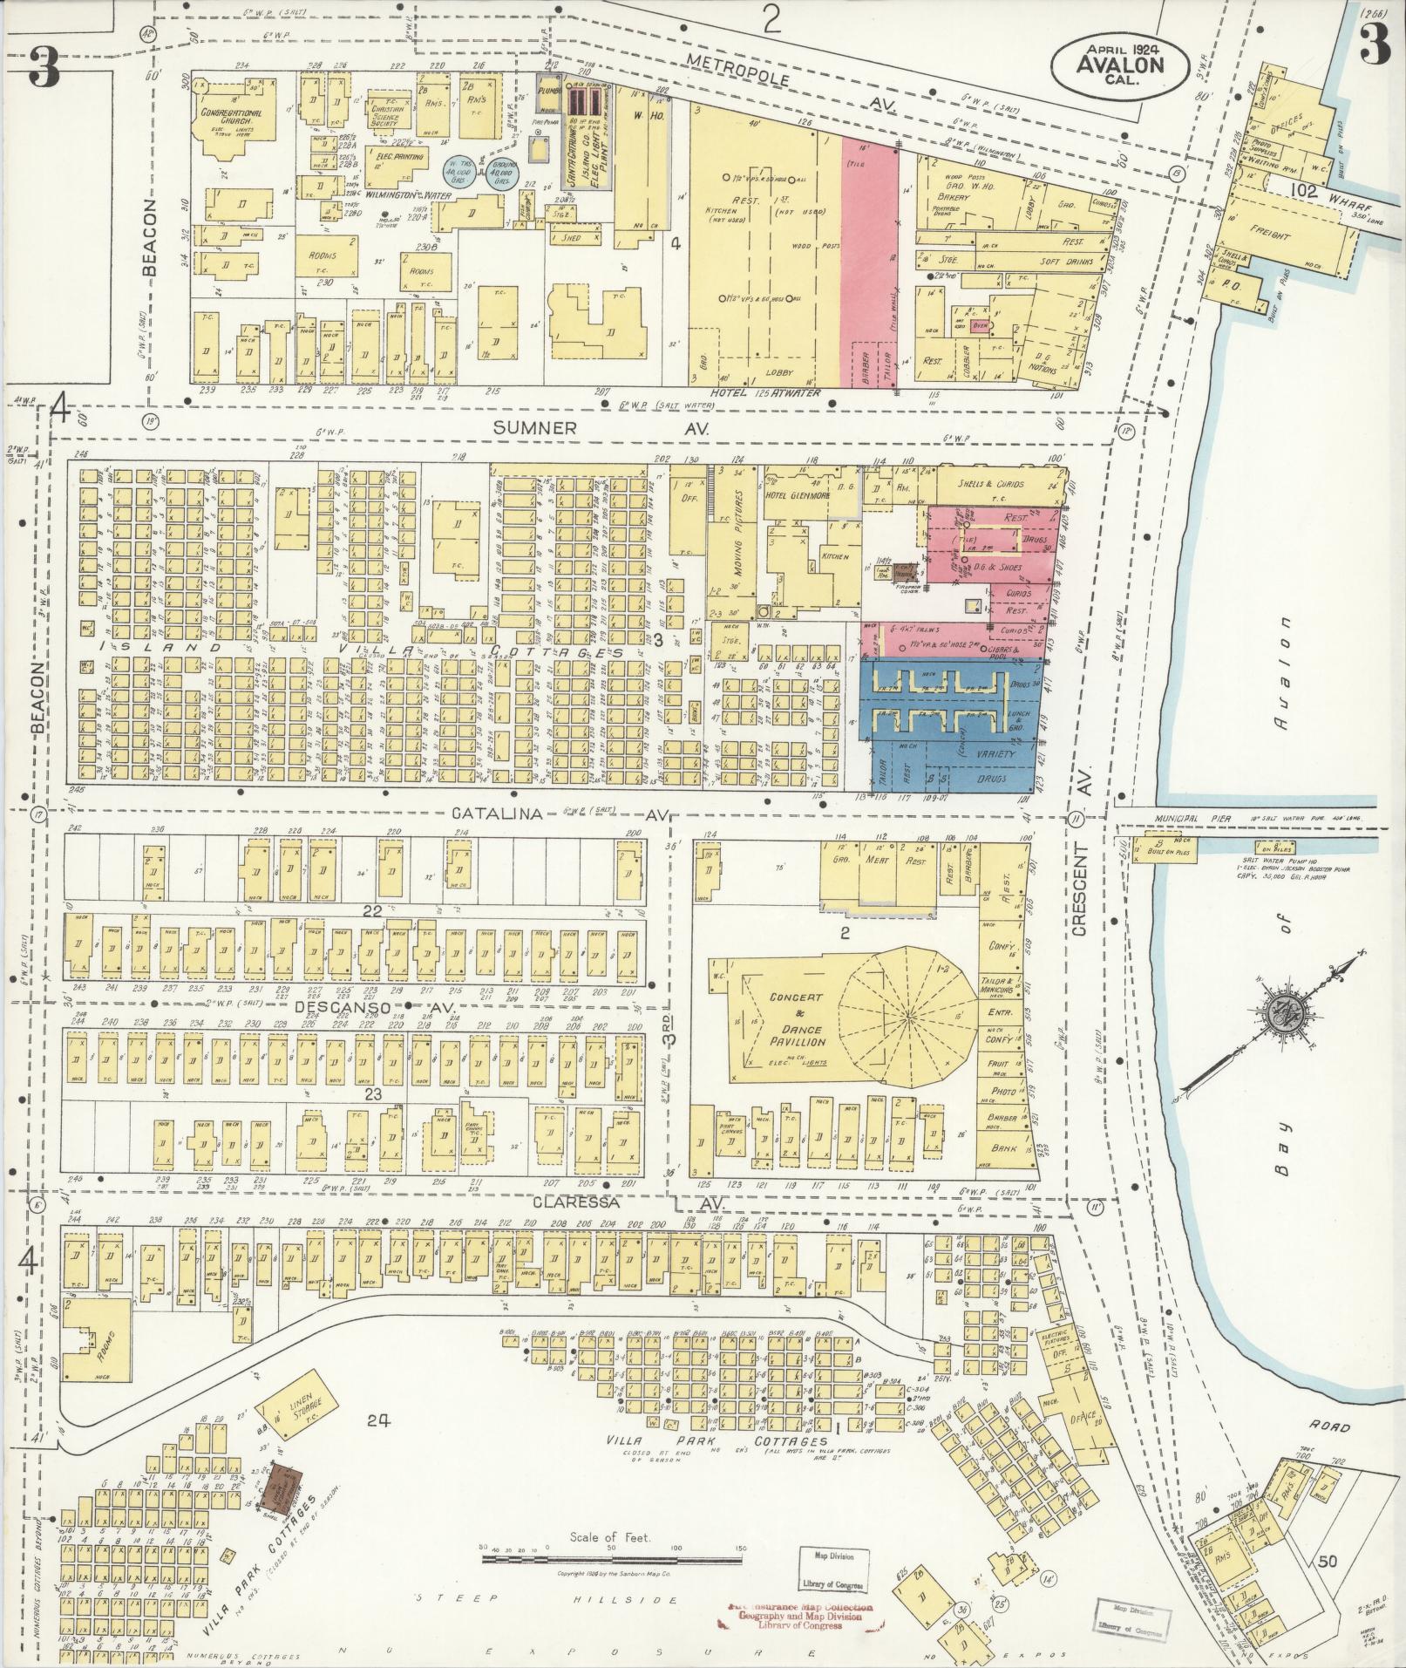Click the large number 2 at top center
[770, 21]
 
